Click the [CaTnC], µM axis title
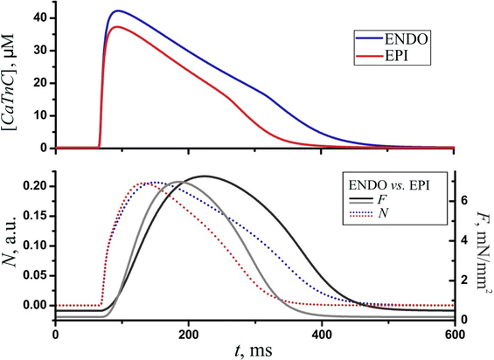[13, 82]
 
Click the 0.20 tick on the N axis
[35, 186]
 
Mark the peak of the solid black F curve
[203, 177]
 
